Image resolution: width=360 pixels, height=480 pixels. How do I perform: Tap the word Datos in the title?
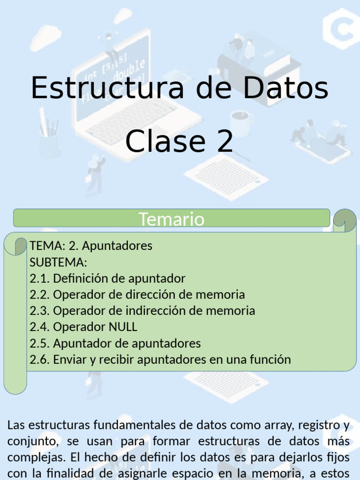click(x=282, y=88)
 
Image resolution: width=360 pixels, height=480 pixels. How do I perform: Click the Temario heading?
click(x=171, y=219)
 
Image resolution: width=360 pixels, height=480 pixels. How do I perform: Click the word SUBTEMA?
click(x=58, y=262)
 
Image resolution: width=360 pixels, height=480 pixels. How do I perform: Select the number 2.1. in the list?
click(x=39, y=278)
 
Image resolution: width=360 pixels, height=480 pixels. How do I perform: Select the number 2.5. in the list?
click(x=39, y=344)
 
